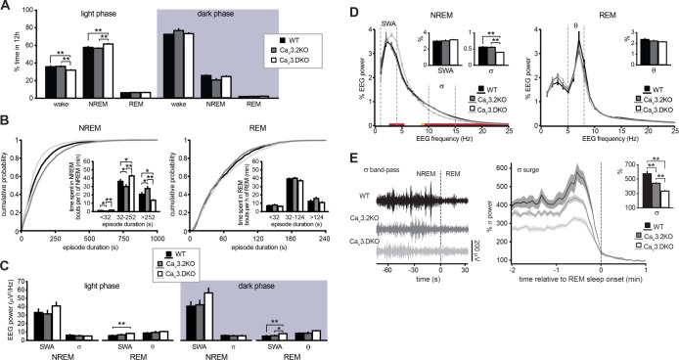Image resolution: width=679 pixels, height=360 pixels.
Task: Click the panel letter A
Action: [x=7, y=7]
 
